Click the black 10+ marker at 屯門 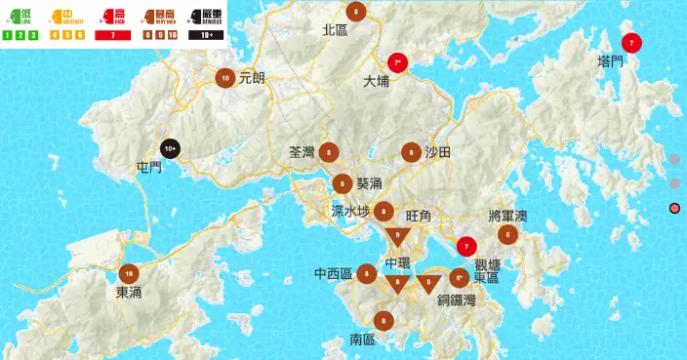170,148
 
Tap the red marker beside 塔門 631,43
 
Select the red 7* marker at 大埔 397,62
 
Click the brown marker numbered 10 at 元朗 225,78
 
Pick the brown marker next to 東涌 128,273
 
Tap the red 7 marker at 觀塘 466,247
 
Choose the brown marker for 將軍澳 506,234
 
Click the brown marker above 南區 384,320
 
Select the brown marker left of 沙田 411,152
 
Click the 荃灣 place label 302,152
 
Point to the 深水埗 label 350,211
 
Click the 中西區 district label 333,274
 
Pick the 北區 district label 335,30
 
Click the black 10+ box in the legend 207,35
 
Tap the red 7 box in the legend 113,35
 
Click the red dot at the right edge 674,208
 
